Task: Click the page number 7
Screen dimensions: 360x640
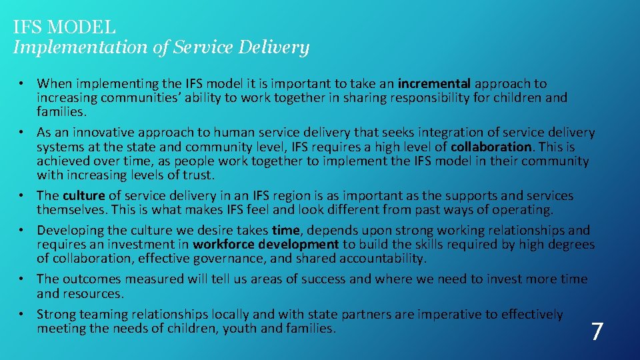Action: coord(597,331)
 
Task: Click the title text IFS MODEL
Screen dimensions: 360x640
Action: coord(65,28)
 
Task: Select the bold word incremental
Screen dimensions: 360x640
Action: coord(434,84)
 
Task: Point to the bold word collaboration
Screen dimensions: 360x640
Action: coord(493,147)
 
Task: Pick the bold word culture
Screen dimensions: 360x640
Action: coord(84,196)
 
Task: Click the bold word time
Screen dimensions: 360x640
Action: coord(286,231)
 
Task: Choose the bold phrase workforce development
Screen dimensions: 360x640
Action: coord(266,245)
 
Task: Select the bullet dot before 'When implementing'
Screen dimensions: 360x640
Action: coord(22,84)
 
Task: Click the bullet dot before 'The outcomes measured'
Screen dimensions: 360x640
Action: coord(22,279)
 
